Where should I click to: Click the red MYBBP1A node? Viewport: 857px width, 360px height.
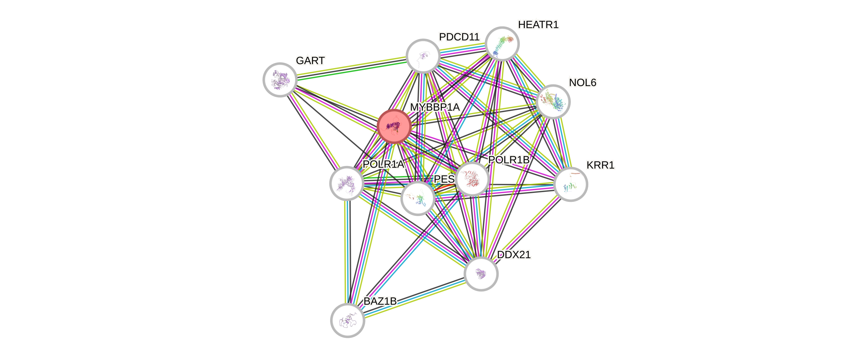[394, 126]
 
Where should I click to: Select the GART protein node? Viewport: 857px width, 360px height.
[280, 80]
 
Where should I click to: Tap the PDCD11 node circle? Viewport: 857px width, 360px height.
[423, 56]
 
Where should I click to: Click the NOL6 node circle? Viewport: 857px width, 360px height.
[553, 101]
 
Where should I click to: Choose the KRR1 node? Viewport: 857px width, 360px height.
[571, 184]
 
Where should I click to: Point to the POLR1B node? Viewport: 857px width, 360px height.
[472, 179]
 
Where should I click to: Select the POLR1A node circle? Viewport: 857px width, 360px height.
[346, 183]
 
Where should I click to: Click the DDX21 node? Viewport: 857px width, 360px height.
[481, 274]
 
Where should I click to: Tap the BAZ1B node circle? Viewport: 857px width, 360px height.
[347, 320]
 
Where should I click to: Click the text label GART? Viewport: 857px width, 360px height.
[310, 61]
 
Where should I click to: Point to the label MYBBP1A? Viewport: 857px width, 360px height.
[435, 107]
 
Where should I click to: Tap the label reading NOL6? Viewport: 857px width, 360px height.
[582, 82]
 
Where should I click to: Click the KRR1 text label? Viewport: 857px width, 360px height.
[600, 165]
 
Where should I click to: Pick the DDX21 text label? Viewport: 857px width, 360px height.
[513, 255]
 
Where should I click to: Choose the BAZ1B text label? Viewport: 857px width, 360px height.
[380, 301]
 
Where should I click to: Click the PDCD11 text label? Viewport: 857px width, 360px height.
[459, 37]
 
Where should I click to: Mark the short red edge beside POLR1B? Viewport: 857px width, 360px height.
[443, 188]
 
